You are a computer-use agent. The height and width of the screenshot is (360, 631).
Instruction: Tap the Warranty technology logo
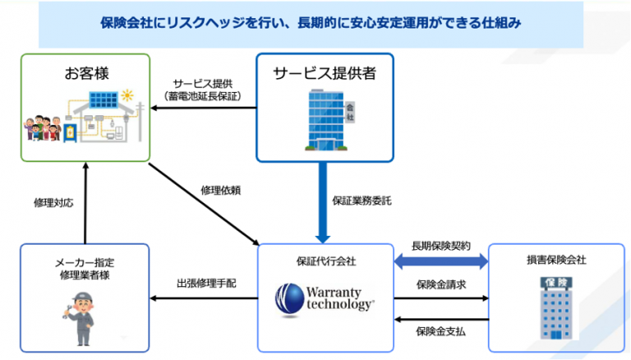click(326, 297)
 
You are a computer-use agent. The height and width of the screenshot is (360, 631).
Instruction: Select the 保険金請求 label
click(442, 284)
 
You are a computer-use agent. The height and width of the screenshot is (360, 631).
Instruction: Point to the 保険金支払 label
click(442, 330)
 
